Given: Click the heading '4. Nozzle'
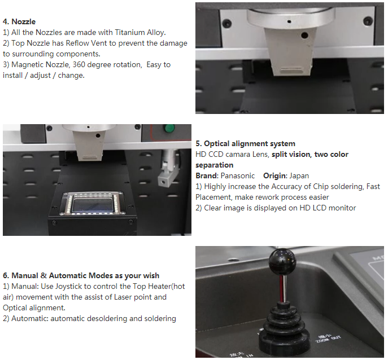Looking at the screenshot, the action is coord(19,21).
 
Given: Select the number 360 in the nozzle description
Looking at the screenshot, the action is coord(79,64).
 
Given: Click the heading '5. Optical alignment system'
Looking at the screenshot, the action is coord(245,144).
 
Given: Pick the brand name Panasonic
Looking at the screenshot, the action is coord(238,176).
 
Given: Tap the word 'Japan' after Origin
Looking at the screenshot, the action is coord(299,176).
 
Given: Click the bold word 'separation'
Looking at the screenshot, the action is coord(214,165).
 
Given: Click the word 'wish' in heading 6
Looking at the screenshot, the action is coord(151,276).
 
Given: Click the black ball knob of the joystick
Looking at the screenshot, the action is coord(282,262).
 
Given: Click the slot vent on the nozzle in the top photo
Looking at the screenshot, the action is coord(292,70).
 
